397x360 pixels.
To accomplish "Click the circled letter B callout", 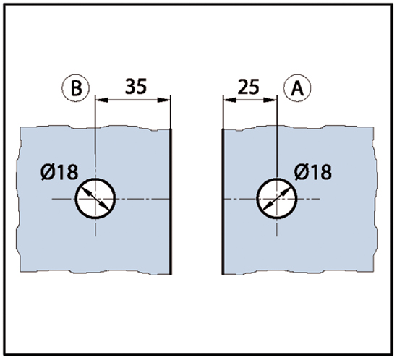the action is pyautogui.click(x=76, y=88).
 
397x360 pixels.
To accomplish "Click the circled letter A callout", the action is pyautogui.click(x=297, y=88).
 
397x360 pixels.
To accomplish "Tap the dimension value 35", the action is pyautogui.click(x=136, y=86).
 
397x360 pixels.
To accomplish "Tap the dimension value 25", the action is pyautogui.click(x=249, y=87).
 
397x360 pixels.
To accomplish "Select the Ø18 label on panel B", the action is pyautogui.click(x=59, y=172).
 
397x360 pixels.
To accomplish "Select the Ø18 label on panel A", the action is pyautogui.click(x=313, y=172).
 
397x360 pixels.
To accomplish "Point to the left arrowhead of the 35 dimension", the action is pyautogui.click(x=102, y=100).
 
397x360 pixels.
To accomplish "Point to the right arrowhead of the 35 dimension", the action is pyautogui.click(x=163, y=100).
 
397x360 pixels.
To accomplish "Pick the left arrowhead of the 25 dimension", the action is pyautogui.click(x=230, y=100).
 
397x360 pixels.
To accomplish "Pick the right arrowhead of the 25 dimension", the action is pyautogui.click(x=270, y=100).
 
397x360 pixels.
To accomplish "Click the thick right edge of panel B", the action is pyautogui.click(x=171, y=202).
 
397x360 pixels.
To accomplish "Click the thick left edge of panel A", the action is pyautogui.click(x=223, y=202).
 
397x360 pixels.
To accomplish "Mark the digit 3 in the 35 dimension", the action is pyautogui.click(x=131, y=86).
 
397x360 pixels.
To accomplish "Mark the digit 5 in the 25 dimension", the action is pyautogui.click(x=255, y=87).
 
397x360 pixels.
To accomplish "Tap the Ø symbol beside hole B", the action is pyautogui.click(x=48, y=172).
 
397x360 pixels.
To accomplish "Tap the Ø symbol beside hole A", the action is pyautogui.click(x=302, y=172).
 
